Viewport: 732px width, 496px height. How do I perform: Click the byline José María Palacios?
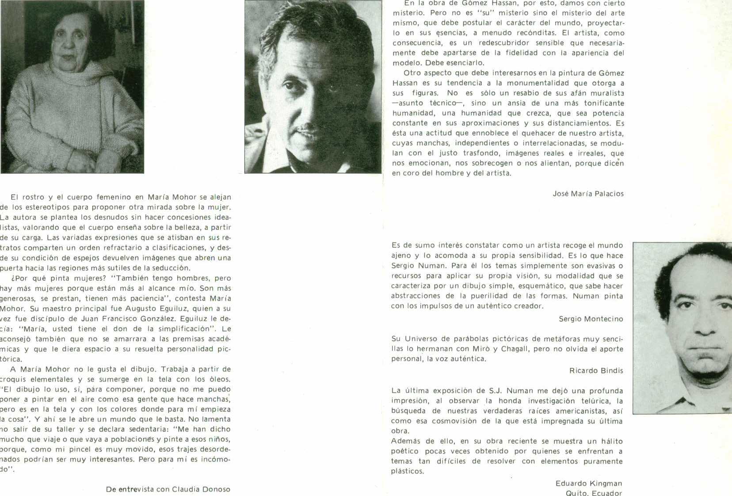click(588, 194)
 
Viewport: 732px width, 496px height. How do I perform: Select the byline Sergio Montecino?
click(591, 319)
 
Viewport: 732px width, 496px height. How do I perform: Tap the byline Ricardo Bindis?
click(596, 370)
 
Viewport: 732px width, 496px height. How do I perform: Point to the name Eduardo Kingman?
click(588, 483)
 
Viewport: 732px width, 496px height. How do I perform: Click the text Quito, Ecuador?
click(594, 493)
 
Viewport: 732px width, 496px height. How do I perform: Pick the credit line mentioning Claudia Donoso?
click(168, 489)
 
